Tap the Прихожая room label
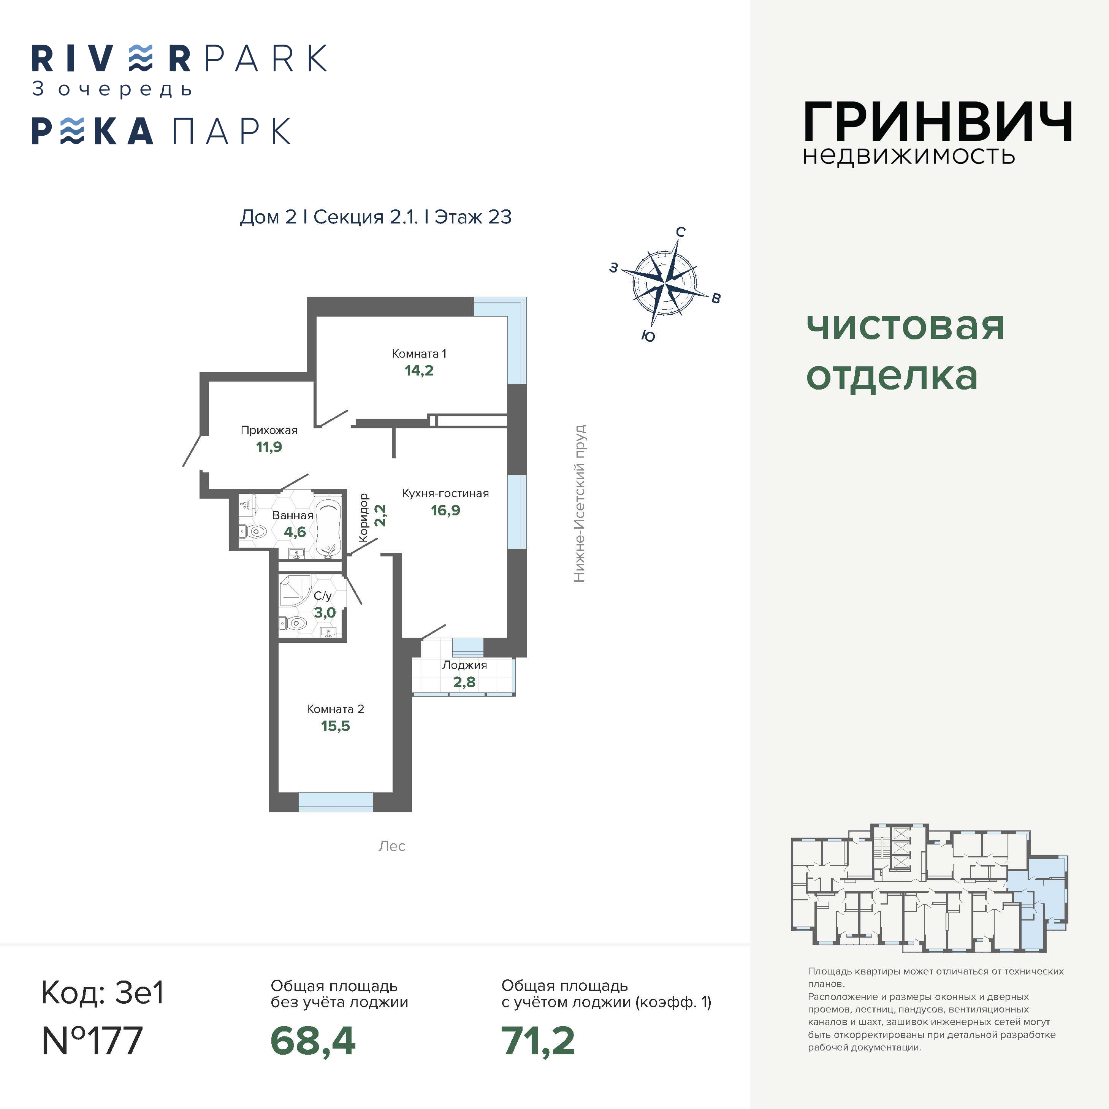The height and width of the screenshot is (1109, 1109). click(x=269, y=430)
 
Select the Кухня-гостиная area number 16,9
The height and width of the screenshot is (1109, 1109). click(x=445, y=510)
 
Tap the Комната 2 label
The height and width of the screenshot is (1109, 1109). click(x=335, y=709)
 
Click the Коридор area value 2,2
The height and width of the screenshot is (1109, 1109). click(x=380, y=515)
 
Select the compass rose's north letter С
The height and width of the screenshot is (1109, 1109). click(x=680, y=232)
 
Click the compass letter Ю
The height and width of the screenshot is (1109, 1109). click(x=648, y=336)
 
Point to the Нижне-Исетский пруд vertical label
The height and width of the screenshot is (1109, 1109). click(x=580, y=504)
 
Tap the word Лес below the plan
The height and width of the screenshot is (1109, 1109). click(x=392, y=846)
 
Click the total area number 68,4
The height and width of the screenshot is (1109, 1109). click(x=313, y=1041)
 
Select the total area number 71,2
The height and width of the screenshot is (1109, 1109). click(x=538, y=1041)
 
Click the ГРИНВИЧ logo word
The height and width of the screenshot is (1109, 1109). click(x=937, y=122)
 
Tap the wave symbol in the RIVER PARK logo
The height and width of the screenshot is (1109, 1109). click(x=141, y=58)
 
